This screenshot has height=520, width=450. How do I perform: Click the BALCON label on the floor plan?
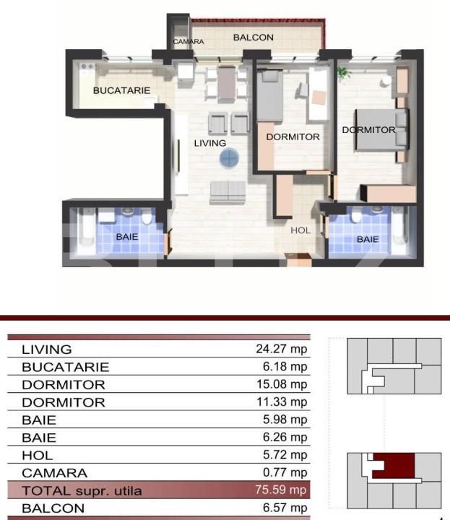tap(253, 38)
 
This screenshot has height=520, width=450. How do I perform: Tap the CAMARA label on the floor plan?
tap(188, 42)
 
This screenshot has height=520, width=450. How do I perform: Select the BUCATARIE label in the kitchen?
tap(121, 91)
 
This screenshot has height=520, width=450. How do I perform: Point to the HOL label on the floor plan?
tap(300, 231)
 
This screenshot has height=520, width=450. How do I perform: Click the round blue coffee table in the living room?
tap(229, 158)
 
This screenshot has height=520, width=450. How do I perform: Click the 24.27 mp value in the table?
tap(281, 349)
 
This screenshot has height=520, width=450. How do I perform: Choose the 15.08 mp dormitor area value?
tap(281, 384)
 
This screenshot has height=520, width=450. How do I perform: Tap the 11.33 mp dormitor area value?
tap(281, 402)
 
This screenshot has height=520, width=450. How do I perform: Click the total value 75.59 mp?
tap(281, 491)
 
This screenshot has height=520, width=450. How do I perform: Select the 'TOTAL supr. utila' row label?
tap(82, 491)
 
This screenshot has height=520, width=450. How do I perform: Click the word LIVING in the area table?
tap(47, 350)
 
